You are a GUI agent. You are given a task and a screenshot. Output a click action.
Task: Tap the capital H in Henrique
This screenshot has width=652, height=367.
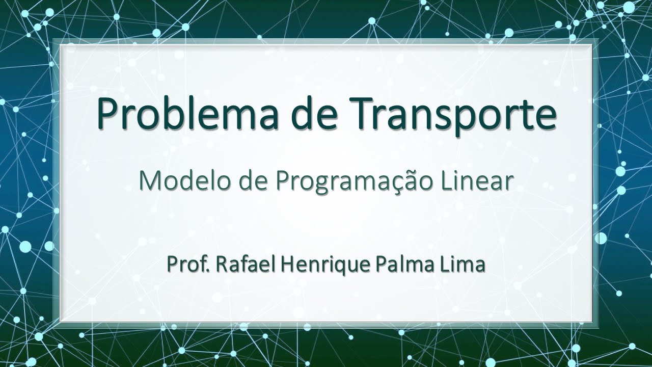274,266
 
